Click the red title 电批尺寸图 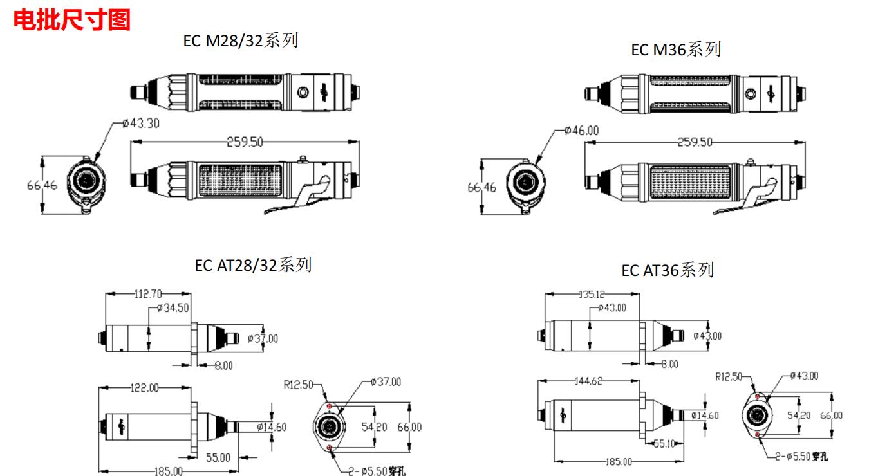click(72, 20)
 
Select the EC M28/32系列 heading click(241, 42)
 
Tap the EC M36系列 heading click(676, 50)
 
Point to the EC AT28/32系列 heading click(253, 264)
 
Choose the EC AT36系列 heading click(668, 270)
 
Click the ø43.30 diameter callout click(141, 124)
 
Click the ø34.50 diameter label click(173, 308)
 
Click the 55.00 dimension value click(218, 457)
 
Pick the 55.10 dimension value click(664, 443)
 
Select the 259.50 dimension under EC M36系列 click(695, 142)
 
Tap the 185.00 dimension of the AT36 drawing click(618, 462)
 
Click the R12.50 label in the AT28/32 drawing click(298, 385)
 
